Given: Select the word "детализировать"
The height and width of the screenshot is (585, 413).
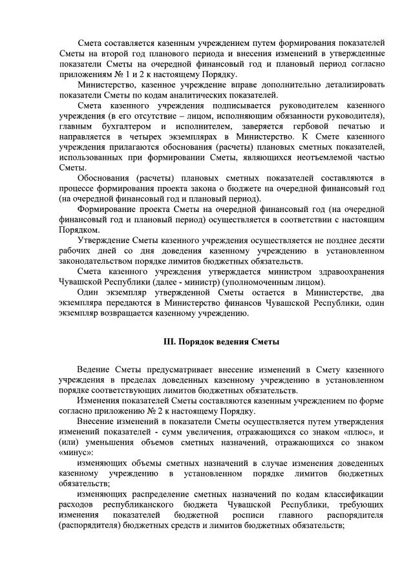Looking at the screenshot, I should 350,85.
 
